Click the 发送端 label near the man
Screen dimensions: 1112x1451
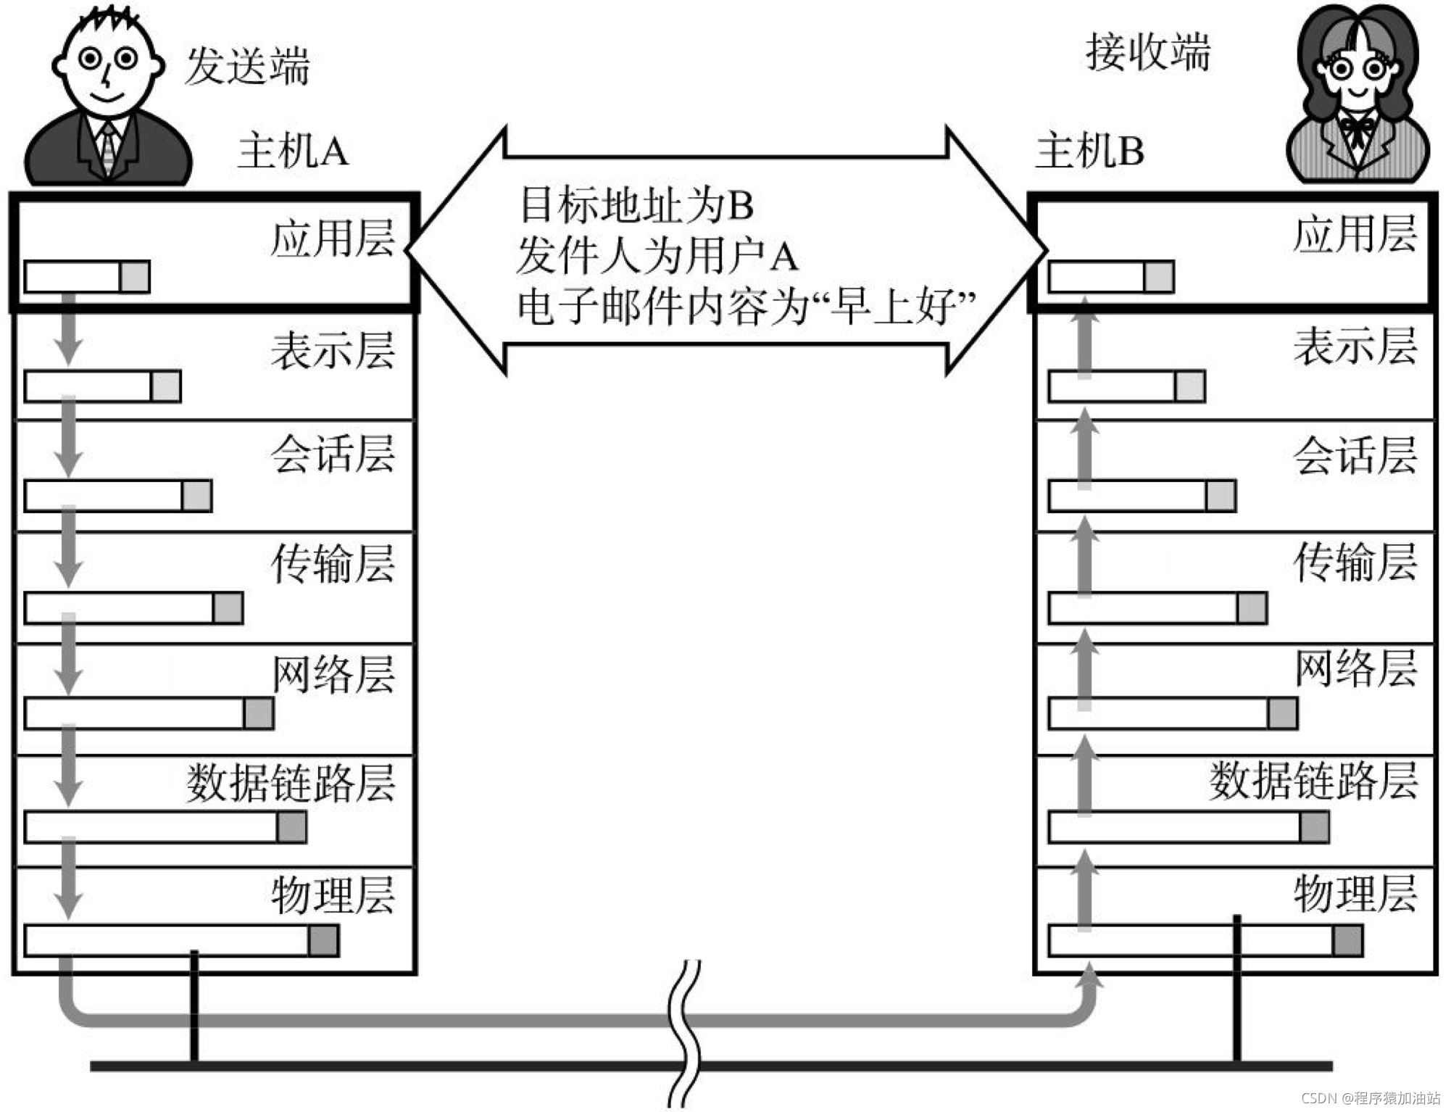(x=247, y=66)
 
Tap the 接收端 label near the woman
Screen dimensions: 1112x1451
(x=1147, y=53)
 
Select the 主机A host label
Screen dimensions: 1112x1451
(x=293, y=152)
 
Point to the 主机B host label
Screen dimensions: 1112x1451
(x=1089, y=152)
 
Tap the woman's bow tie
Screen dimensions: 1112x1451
(x=1355, y=129)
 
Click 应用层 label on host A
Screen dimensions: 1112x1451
(x=333, y=238)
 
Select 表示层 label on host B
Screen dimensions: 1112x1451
(x=1355, y=346)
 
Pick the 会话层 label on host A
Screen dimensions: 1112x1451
(x=333, y=455)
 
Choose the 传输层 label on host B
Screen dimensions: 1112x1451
(x=1355, y=563)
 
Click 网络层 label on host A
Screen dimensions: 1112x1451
(x=333, y=674)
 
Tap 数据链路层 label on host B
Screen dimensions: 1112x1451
(x=1313, y=781)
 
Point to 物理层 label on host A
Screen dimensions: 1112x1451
(x=333, y=895)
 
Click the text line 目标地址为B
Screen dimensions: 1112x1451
(x=637, y=205)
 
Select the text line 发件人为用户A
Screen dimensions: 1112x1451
(x=657, y=256)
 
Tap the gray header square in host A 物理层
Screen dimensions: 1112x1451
(x=323, y=940)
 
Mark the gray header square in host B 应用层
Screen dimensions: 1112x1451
(x=1158, y=277)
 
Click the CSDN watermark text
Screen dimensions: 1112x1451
(x=1370, y=1098)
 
